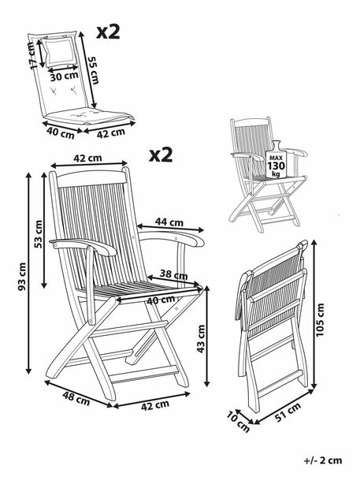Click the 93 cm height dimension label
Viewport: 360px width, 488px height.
click(22, 277)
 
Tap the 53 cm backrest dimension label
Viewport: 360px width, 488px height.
click(39, 234)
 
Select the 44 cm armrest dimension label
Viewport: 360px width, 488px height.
click(169, 222)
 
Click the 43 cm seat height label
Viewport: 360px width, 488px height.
click(201, 339)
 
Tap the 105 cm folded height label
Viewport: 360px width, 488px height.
click(320, 320)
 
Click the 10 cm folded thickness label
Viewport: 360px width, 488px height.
click(238, 422)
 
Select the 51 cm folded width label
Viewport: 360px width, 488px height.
click(288, 412)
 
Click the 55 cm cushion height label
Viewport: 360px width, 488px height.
click(93, 70)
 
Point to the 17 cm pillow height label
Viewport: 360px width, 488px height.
click(32, 55)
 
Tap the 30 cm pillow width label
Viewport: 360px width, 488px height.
click(65, 76)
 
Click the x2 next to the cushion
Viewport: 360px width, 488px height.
click(108, 32)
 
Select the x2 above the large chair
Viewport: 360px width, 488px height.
click(161, 155)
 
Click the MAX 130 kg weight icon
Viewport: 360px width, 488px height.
click(276, 160)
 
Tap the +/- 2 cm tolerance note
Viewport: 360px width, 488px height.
click(323, 460)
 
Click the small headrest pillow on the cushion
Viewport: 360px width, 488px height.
click(59, 51)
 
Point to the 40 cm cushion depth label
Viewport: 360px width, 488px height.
click(61, 133)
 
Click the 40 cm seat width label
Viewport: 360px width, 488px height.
click(161, 300)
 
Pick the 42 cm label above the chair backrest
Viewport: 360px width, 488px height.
click(87, 158)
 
